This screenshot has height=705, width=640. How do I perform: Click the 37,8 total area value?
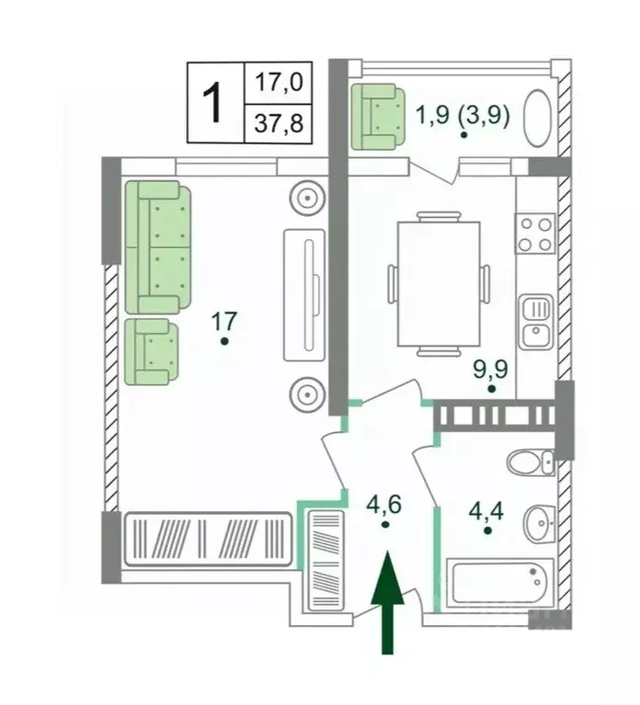click(x=279, y=123)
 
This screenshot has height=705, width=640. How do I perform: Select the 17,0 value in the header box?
click(x=279, y=83)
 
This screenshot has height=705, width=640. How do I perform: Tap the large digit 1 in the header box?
click(x=211, y=103)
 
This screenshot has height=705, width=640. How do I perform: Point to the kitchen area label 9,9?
click(x=490, y=369)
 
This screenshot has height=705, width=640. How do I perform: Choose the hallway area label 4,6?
click(x=383, y=505)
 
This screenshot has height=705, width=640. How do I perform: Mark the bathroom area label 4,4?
click(x=486, y=511)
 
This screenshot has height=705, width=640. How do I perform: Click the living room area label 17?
click(x=224, y=321)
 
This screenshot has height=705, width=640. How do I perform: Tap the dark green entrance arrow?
click(x=387, y=602)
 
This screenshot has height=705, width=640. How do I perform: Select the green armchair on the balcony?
click(x=378, y=117)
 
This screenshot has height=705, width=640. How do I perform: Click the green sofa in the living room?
click(x=158, y=247)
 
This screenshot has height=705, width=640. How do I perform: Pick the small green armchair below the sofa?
click(x=152, y=352)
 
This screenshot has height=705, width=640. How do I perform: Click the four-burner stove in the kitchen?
click(x=535, y=233)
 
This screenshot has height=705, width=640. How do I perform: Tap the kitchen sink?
click(x=536, y=322)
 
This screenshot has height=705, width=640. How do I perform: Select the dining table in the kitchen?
click(x=439, y=284)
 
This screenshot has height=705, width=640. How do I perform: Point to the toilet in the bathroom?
click(x=531, y=461)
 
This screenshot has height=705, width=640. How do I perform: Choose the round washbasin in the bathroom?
click(x=539, y=523)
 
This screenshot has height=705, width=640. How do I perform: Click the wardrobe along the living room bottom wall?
click(x=207, y=539)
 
